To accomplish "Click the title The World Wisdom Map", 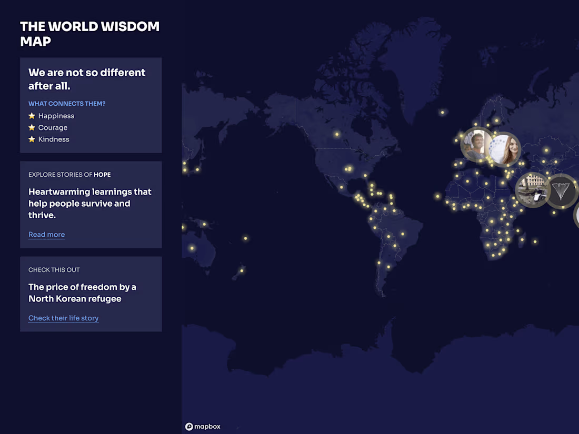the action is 89,34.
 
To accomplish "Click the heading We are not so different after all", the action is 87,79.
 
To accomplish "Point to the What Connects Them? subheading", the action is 67,104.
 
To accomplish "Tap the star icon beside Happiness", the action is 32,116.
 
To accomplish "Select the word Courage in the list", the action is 53,127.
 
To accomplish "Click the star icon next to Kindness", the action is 32,139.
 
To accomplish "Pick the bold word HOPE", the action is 102,175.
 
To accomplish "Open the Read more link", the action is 46,235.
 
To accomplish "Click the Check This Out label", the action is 54,270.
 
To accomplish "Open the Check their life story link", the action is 63,318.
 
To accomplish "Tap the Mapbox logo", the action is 203,427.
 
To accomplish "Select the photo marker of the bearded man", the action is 476,145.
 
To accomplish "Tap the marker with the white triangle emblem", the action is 561,190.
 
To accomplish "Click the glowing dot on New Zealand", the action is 242,271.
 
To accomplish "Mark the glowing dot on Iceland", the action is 442,112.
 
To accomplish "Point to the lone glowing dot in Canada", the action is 337,134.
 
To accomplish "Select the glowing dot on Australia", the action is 192,248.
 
